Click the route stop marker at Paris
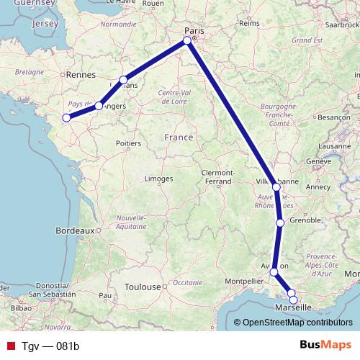click(187, 40)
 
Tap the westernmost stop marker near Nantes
click(66, 117)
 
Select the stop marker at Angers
click(99, 106)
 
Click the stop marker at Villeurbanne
click(276, 186)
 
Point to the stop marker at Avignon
click(274, 271)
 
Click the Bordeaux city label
click(75, 231)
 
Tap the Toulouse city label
click(141, 287)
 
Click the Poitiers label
click(128, 143)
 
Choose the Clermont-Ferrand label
click(218, 176)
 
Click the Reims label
click(248, 22)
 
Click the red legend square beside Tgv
click(9, 346)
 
